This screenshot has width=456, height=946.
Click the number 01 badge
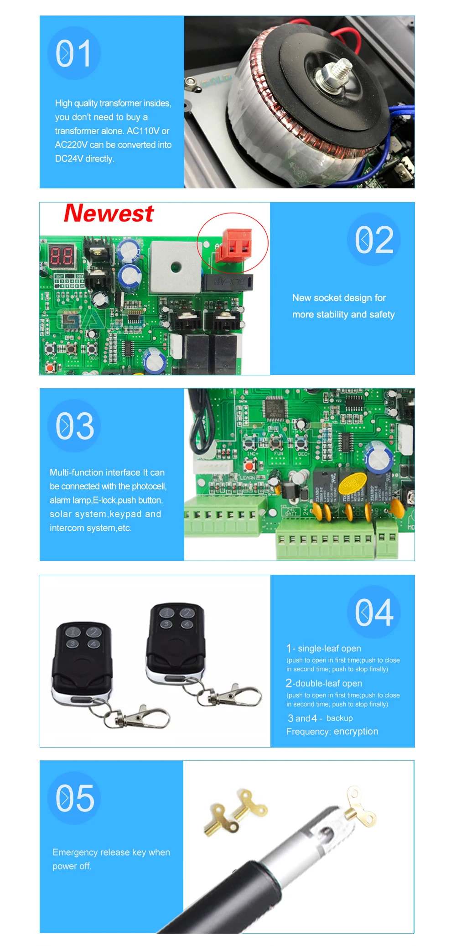(x=74, y=53)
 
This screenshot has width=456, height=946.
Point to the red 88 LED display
(x=62, y=256)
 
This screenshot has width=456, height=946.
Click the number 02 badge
(x=374, y=239)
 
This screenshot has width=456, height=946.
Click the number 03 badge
(x=75, y=426)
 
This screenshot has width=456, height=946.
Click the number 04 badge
(x=374, y=612)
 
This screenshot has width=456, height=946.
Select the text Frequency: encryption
(x=332, y=731)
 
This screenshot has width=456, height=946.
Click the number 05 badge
(x=75, y=798)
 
